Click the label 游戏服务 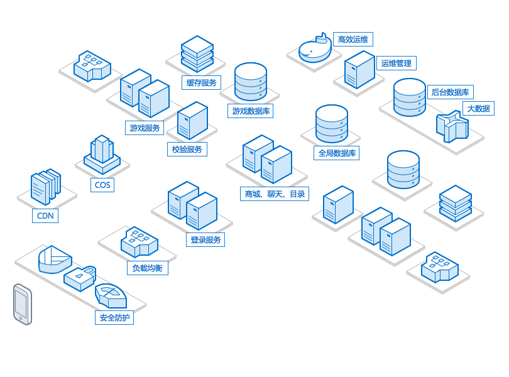145,128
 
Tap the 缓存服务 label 202,83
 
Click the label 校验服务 187,150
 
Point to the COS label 102,185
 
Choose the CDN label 45,216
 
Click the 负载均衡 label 148,268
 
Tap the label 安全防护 114,318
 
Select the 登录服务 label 205,239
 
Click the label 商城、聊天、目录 275,194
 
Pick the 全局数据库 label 337,153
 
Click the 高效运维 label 353,40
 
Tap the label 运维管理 397,63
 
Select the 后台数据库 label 450,92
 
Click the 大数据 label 478,109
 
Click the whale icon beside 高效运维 314,49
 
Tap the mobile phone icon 22,305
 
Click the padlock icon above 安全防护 80,276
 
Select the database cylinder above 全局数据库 331,124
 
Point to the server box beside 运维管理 359,70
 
